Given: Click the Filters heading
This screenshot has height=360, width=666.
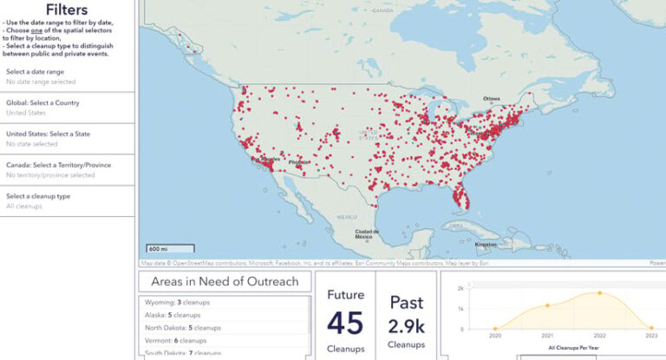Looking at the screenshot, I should pyautogui.click(x=67, y=10).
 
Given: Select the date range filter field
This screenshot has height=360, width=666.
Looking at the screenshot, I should pyautogui.click(x=67, y=76).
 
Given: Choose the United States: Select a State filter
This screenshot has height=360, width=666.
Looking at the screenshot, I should pyautogui.click(x=67, y=139).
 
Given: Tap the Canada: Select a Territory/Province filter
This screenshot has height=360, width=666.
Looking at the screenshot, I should pyautogui.click(x=67, y=170).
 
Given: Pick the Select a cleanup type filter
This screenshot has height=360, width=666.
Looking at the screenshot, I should pyautogui.click(x=67, y=201).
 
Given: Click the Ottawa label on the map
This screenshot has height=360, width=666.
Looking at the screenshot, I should pyautogui.click(x=492, y=98).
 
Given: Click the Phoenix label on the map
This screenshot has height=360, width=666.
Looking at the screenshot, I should pyautogui.click(x=298, y=162).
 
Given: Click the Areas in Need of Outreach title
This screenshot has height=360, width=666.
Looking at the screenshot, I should pyautogui.click(x=225, y=281).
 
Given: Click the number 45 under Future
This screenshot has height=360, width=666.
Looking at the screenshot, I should pyautogui.click(x=344, y=322).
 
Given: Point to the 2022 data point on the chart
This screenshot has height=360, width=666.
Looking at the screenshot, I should pyautogui.click(x=599, y=293).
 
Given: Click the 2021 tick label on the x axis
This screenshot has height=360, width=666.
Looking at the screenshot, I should pyautogui.click(x=547, y=334).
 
